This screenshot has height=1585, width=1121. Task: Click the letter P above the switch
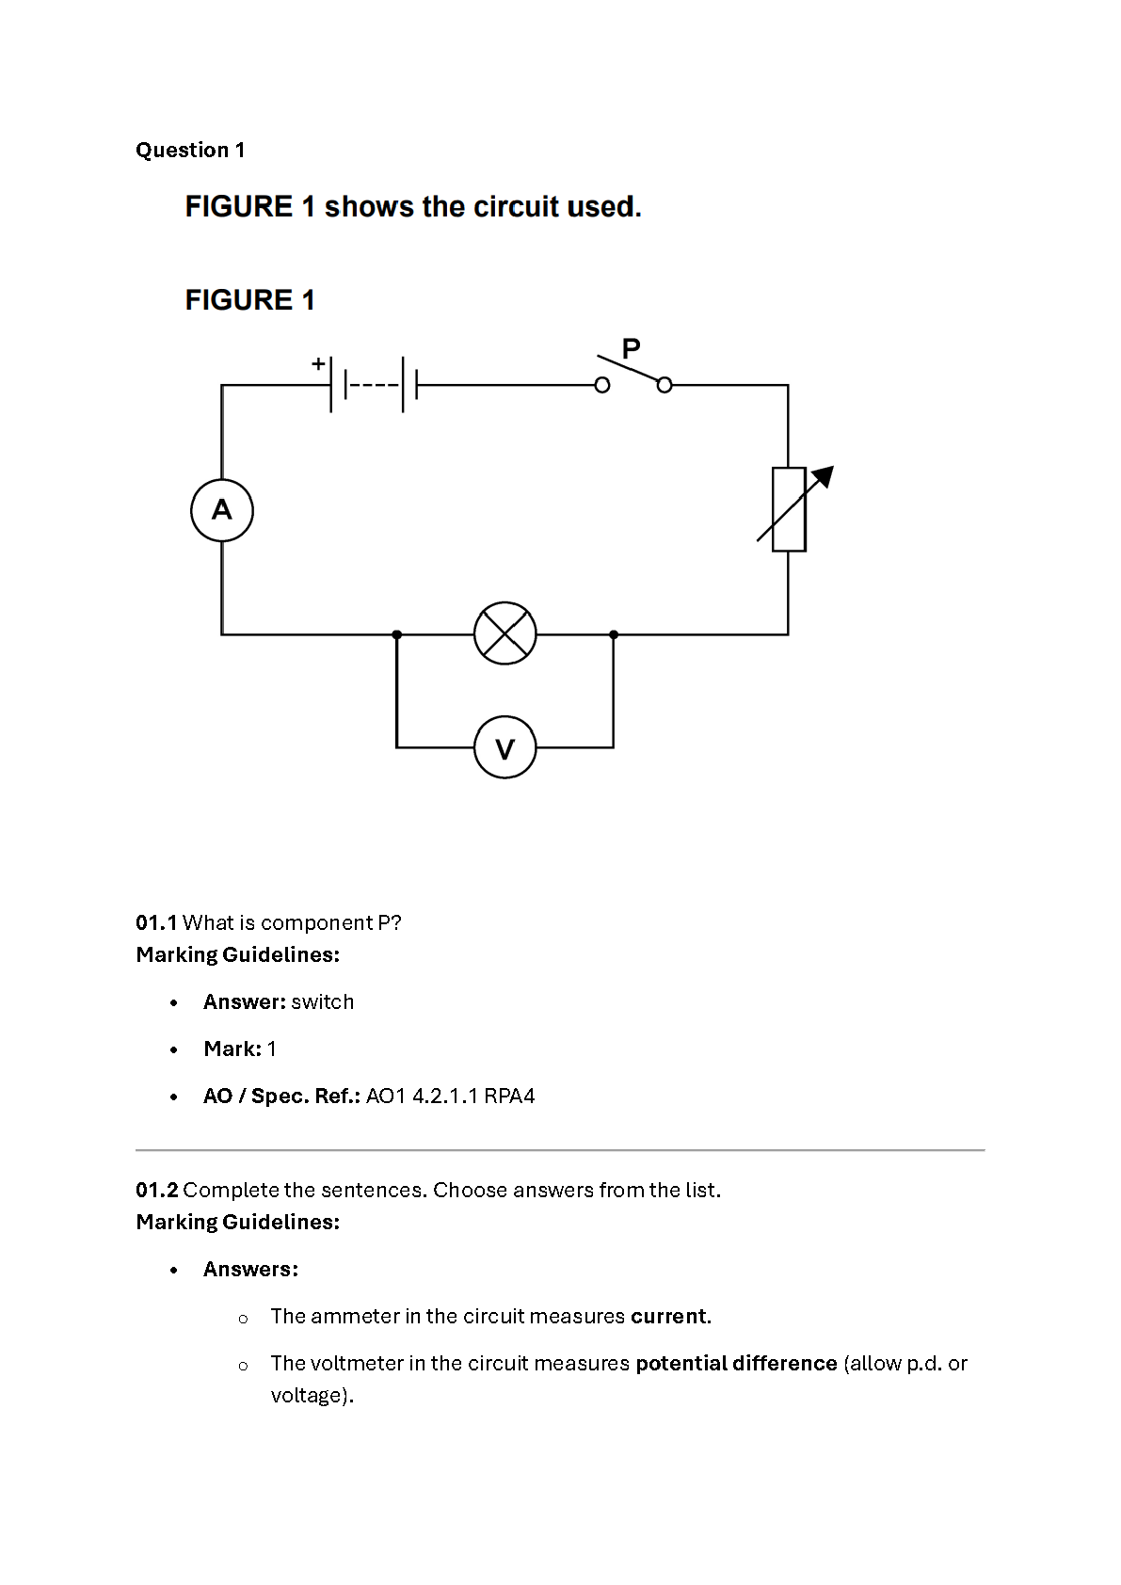point(631,348)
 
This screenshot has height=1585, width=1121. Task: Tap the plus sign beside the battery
point(318,363)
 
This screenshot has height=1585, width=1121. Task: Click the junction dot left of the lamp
point(397,634)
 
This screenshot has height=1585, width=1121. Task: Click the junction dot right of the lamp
point(614,634)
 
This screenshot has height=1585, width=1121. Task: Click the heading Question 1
point(190,150)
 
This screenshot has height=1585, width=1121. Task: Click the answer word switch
point(323,1002)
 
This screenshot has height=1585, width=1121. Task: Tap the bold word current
point(669,1316)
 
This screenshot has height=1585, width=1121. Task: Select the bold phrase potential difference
point(737,1364)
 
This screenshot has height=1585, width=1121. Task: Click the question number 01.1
point(156,922)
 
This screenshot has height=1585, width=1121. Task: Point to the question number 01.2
point(157,1191)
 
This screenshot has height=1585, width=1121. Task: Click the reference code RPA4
point(509,1097)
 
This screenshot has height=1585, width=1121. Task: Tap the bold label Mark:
point(232,1049)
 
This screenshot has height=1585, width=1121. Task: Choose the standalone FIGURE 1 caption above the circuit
point(249,300)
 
